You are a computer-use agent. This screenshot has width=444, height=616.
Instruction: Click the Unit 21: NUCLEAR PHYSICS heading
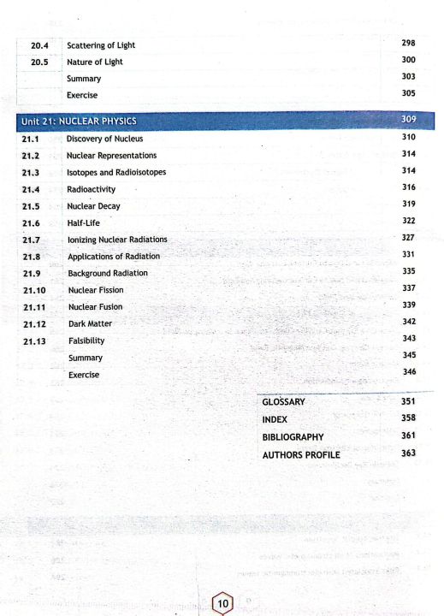[x=79, y=121]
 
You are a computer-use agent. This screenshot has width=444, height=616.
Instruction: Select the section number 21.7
[x=32, y=240]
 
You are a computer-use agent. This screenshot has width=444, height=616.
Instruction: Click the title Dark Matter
[x=90, y=324]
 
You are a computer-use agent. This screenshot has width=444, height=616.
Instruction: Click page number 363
[x=407, y=453]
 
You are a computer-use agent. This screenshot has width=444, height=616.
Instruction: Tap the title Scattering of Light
[x=100, y=44]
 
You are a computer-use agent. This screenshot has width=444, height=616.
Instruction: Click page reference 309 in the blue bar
[x=407, y=121]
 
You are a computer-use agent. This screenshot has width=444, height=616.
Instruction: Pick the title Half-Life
[x=84, y=222]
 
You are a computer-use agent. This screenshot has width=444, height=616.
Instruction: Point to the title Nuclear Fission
[x=96, y=290]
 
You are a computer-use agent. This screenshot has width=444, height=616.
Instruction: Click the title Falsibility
[x=86, y=341]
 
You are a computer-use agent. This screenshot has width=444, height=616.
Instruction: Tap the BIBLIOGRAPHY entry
[x=293, y=437]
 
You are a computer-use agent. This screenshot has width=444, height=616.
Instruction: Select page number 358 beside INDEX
[x=407, y=419]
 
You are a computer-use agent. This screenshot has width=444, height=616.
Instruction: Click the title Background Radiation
[x=108, y=273]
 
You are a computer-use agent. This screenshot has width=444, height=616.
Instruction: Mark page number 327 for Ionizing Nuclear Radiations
[x=407, y=239]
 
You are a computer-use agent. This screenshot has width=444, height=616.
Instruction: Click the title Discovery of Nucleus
[x=104, y=139]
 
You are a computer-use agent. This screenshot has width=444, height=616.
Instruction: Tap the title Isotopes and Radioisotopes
[x=115, y=172]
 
